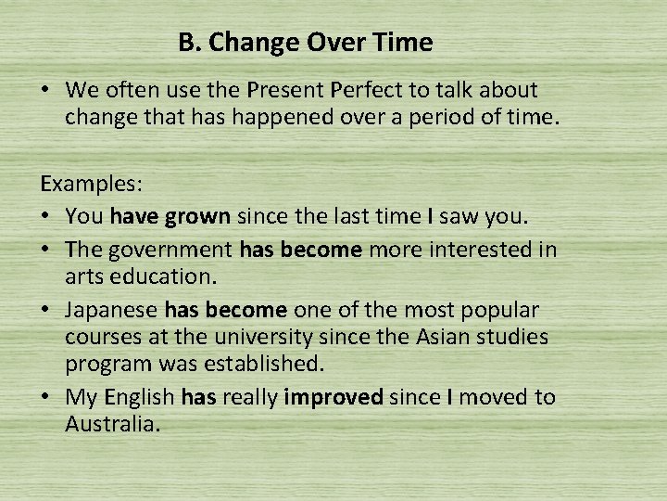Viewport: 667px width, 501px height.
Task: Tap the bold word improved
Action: point(333,397)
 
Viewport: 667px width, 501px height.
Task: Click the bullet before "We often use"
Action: point(44,91)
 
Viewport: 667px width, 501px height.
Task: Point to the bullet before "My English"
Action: point(44,397)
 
